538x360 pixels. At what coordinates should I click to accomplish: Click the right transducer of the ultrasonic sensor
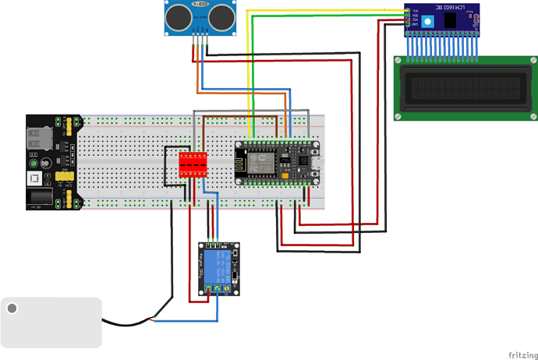click(221, 14)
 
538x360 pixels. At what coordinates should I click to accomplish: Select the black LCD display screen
click(466, 86)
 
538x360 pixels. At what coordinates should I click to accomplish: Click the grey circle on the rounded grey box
click(12, 309)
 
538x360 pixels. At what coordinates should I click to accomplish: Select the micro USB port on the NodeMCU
click(316, 164)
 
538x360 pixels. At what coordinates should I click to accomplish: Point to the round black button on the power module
click(48, 163)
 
